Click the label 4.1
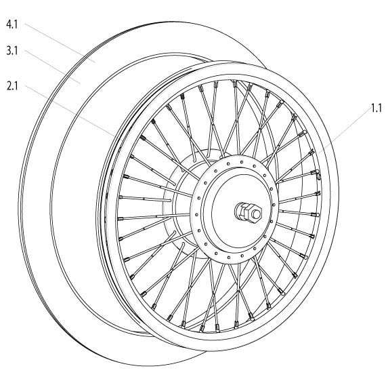(12, 24)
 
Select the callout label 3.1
(12, 51)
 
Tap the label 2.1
(12, 86)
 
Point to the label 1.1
(376, 108)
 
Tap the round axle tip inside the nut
(256, 214)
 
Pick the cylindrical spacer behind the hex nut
(240, 211)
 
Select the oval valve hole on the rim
(318, 176)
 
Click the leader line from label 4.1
(60, 43)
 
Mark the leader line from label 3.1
(52, 67)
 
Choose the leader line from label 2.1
(70, 111)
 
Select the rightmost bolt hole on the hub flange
(274, 205)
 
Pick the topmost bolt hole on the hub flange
(242, 162)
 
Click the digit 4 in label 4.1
(9, 24)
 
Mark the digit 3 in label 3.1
(9, 51)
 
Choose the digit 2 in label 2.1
(9, 86)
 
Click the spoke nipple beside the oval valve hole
(316, 172)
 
